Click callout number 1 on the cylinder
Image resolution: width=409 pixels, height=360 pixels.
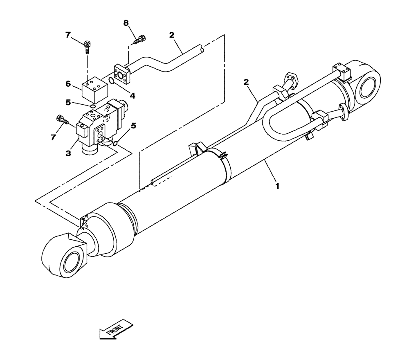tap(277, 186)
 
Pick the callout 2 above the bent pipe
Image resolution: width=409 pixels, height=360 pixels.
tap(172, 36)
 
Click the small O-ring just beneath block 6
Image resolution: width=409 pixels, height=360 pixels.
tap(93, 107)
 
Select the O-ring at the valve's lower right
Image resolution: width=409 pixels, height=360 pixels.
tap(116, 143)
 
